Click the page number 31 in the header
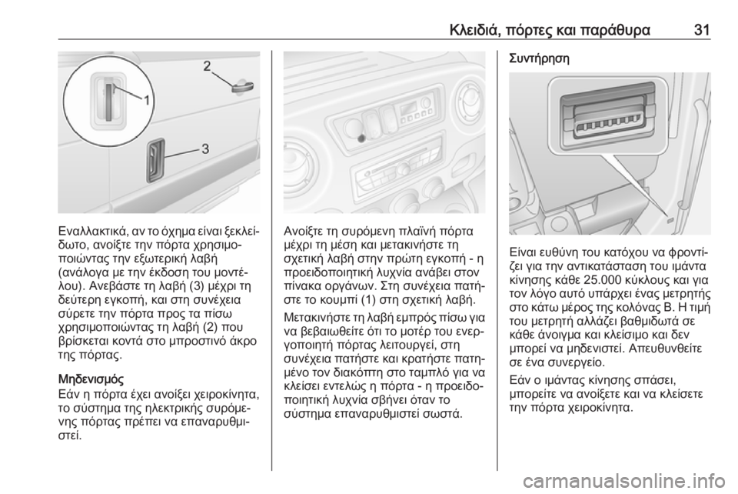(x=701, y=31)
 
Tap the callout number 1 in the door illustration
(x=147, y=100)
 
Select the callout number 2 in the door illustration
(x=208, y=66)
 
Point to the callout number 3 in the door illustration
(x=205, y=149)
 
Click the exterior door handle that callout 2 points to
(x=243, y=87)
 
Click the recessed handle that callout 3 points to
(x=155, y=161)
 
